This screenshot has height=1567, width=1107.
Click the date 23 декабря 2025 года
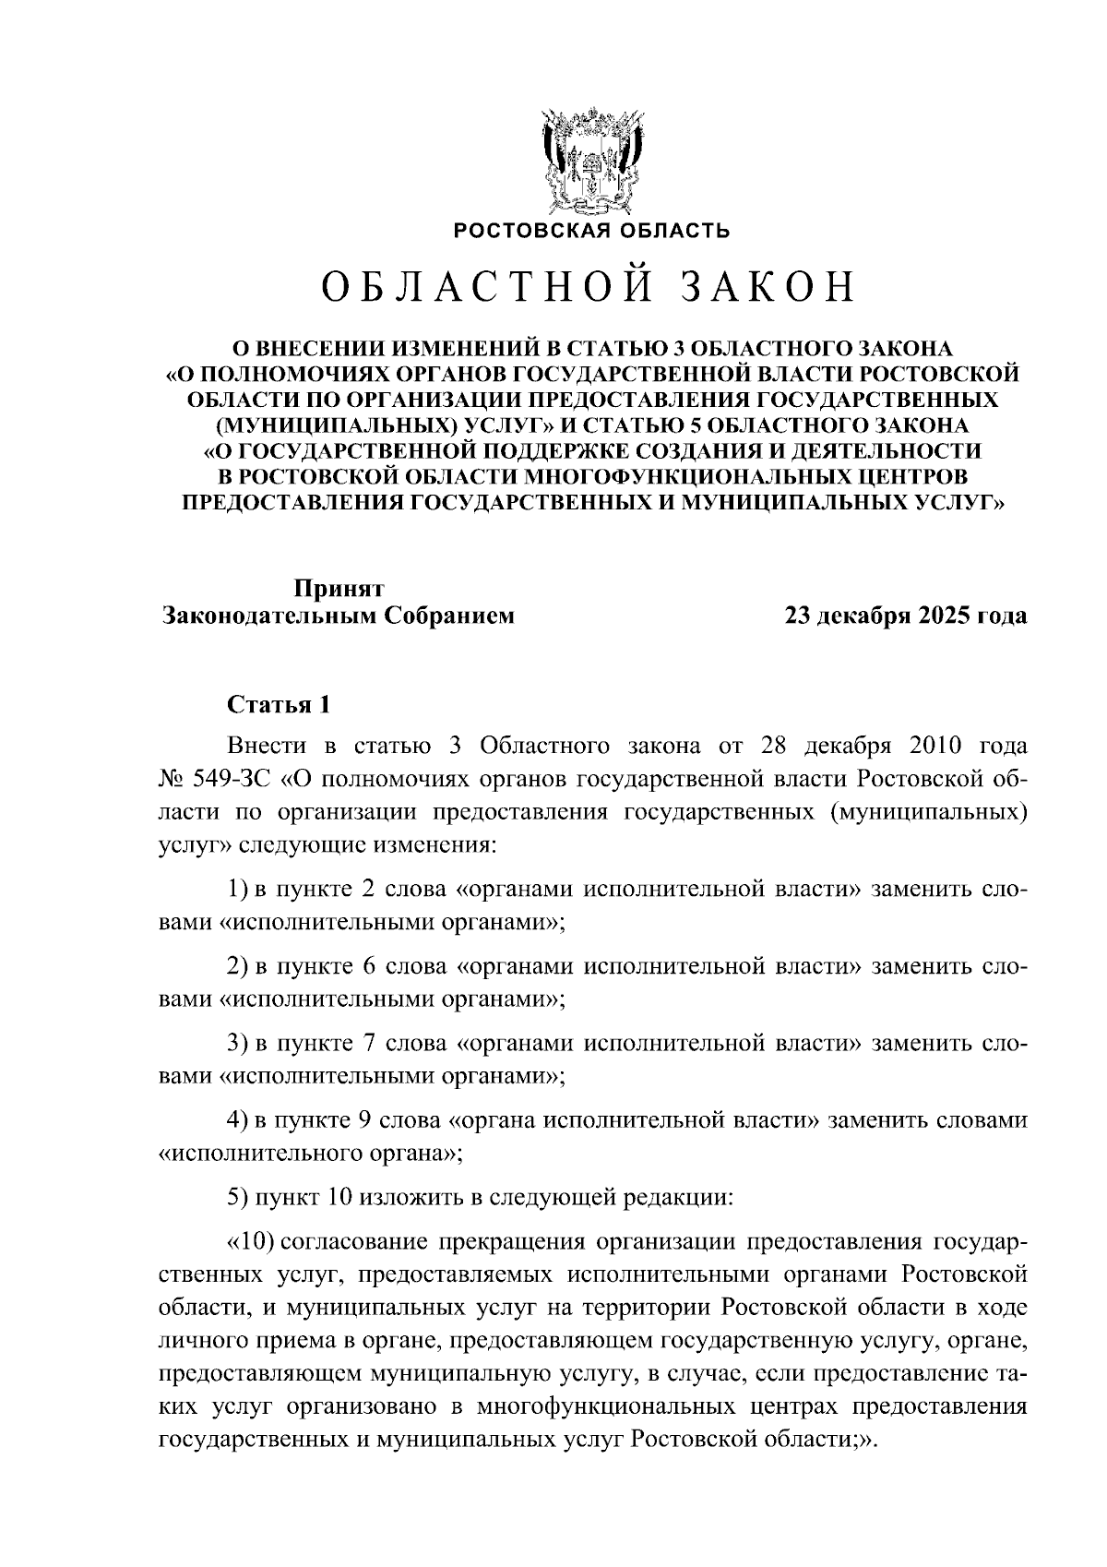[x=905, y=616]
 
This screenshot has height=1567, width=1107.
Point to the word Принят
[x=338, y=588]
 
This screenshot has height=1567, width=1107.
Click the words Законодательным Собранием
[x=338, y=616]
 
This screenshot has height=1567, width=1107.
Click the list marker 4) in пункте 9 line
[x=238, y=1119]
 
